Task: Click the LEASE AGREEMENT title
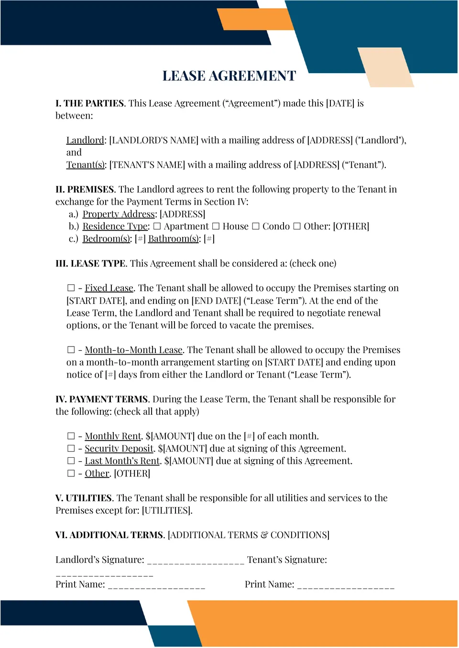pyautogui.click(x=229, y=76)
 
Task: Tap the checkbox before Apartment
pyautogui.click(x=157, y=227)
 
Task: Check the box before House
pyautogui.click(x=216, y=227)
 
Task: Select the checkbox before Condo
pyautogui.click(x=256, y=227)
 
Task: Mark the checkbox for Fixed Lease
pyautogui.click(x=71, y=288)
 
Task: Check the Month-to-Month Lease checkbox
pyautogui.click(x=71, y=350)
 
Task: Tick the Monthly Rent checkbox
pyautogui.click(x=71, y=436)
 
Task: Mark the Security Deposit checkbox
pyautogui.click(x=71, y=449)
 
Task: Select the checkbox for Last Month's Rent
pyautogui.click(x=71, y=461)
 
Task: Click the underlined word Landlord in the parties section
pyautogui.click(x=85, y=140)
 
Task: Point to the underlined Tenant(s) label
pyautogui.click(x=85, y=165)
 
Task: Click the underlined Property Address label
pyautogui.click(x=119, y=214)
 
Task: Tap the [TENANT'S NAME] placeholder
pyautogui.click(x=147, y=165)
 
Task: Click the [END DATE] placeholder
pyautogui.click(x=216, y=301)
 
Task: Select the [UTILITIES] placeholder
pyautogui.click(x=167, y=511)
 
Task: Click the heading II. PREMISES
pyautogui.click(x=85, y=190)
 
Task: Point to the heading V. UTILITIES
pyautogui.click(x=84, y=498)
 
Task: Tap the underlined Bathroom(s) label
pyautogui.click(x=173, y=239)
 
